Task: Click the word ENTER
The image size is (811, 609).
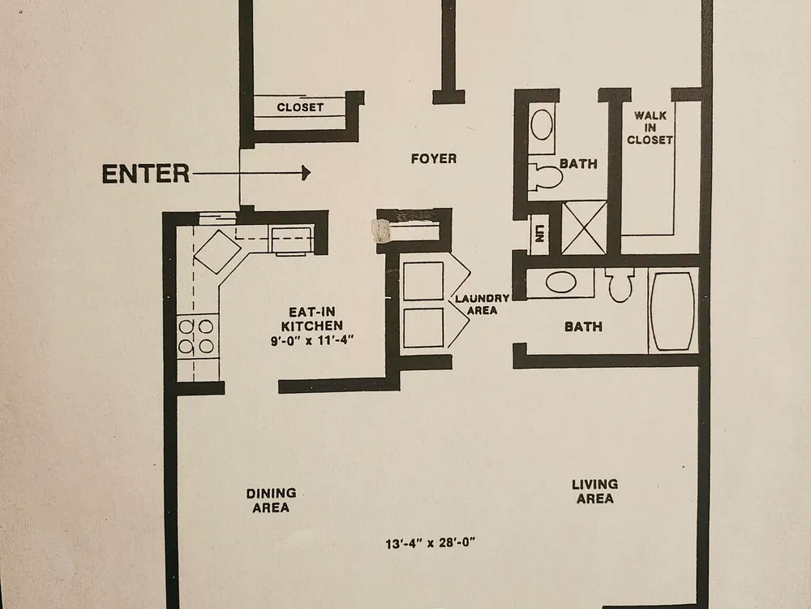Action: (x=146, y=174)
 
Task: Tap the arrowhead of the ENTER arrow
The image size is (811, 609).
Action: (x=307, y=173)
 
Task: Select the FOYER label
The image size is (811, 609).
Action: (x=433, y=158)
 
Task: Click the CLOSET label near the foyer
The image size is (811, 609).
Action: (x=300, y=107)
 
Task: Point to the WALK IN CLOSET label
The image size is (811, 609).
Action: (x=650, y=127)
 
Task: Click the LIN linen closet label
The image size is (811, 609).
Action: (x=539, y=234)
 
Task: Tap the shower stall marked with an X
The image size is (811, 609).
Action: (x=584, y=227)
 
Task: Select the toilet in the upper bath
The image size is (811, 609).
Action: (x=545, y=177)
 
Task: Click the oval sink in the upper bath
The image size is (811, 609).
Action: (x=542, y=124)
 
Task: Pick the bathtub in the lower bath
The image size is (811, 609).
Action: (x=672, y=311)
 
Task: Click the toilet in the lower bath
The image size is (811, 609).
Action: (x=620, y=285)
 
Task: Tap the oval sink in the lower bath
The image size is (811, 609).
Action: (x=560, y=283)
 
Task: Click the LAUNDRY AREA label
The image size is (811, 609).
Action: (x=482, y=304)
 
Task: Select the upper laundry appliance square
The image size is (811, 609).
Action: (x=423, y=281)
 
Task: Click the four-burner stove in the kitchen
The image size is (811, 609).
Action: (x=196, y=336)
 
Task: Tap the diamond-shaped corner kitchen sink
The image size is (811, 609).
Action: (x=217, y=252)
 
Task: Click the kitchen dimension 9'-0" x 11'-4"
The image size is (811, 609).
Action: (x=312, y=341)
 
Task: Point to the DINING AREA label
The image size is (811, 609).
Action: (x=271, y=500)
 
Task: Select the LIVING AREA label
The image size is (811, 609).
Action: (x=594, y=491)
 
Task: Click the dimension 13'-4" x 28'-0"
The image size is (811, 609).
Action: (x=431, y=543)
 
